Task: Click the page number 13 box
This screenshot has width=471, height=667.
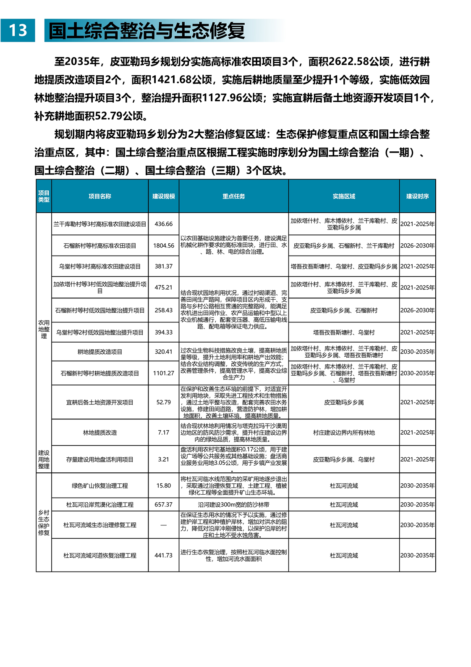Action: click(x=18, y=30)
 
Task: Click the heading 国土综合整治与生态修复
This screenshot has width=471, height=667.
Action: click(x=147, y=31)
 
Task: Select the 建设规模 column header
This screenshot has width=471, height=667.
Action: click(x=163, y=196)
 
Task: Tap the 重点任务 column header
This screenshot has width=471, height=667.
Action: click(x=233, y=196)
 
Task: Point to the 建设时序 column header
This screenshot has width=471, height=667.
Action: click(x=417, y=196)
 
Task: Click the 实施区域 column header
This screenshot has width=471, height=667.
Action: click(x=344, y=196)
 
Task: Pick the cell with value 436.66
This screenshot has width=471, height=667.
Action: click(x=163, y=224)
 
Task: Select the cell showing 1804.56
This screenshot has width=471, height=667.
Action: click(x=163, y=245)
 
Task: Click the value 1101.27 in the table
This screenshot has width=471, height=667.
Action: click(x=163, y=373)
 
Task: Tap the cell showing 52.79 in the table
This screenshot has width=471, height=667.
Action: click(x=163, y=402)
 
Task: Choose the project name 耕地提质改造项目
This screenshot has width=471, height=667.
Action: click(x=100, y=352)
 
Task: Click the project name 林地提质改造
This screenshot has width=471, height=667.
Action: click(x=100, y=432)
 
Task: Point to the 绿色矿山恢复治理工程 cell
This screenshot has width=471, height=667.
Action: click(x=100, y=486)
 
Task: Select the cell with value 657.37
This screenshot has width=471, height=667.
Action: click(x=163, y=504)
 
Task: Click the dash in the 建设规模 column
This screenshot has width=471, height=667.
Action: click(x=163, y=525)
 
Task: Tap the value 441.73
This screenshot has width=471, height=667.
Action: click(x=163, y=555)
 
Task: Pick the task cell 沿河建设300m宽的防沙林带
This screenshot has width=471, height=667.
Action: click(x=233, y=504)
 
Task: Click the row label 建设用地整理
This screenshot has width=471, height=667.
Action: click(x=44, y=459)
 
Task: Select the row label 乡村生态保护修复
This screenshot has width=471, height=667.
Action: click(x=44, y=522)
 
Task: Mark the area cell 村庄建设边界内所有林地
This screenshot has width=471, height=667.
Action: click(x=344, y=432)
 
